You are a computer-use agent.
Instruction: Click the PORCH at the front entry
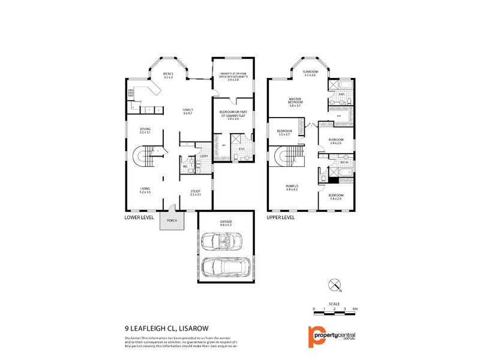(173, 220)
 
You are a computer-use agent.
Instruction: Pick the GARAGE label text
(226, 223)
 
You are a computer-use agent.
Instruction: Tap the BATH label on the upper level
(344, 163)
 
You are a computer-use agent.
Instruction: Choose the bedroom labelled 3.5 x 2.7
(284, 133)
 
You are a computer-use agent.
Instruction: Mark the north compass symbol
(334, 284)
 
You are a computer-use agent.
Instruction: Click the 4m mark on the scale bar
(355, 308)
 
